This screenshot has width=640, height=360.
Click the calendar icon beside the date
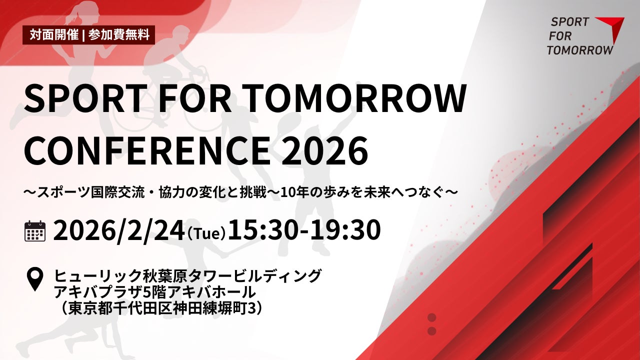pos(35,231)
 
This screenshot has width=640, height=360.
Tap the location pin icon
pos(34,279)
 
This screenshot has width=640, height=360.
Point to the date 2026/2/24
pos(118,230)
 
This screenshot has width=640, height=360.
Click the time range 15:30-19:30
pos(304,230)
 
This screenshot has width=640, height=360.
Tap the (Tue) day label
pos(206,233)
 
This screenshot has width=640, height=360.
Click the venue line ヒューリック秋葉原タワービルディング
pos(188,275)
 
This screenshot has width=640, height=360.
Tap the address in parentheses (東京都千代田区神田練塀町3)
pos(160,308)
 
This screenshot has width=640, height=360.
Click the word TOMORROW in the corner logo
pos(579,50)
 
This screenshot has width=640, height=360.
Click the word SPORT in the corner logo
pos(569,22)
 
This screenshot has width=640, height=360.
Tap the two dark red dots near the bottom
pos(432,324)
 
